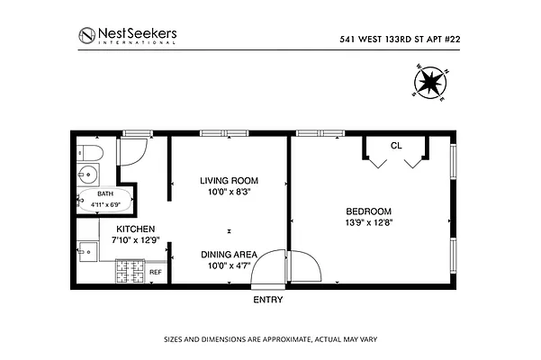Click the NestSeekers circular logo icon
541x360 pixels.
pos(86,37)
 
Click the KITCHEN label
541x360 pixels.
pos(134,229)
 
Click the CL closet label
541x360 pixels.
pos(395,145)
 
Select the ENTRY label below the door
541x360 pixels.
pos(268,300)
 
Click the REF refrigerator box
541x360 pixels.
pos(155,272)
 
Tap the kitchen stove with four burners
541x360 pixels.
pos(130,271)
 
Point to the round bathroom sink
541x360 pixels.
pos(88,174)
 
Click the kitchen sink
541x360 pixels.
pos(87,249)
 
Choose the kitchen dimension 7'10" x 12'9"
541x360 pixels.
pos(134,240)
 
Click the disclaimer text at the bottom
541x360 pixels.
pos(270,340)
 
